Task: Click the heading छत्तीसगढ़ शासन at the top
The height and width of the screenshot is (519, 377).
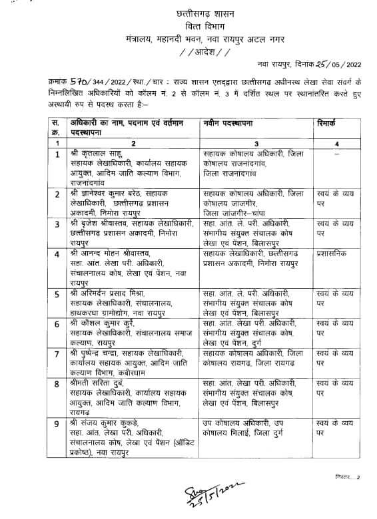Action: [194, 11]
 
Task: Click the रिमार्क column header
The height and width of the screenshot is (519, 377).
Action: [332, 123]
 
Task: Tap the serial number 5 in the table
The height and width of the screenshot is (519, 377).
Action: [57, 293]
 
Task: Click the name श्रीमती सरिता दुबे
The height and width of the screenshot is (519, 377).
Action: [98, 383]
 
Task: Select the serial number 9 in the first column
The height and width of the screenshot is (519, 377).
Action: [57, 423]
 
